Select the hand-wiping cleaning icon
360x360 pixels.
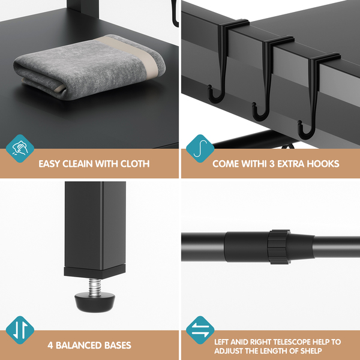[x=20, y=149]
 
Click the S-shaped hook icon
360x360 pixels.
[x=200, y=149]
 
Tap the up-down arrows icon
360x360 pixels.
[x=20, y=330]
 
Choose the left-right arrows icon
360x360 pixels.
[x=200, y=330]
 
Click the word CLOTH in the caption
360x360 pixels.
[x=135, y=164]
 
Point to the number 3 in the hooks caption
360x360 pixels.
[x=272, y=164]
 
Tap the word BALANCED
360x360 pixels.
[x=79, y=346]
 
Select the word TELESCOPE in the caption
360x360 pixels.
[x=290, y=342]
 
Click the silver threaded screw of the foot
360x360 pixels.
[x=95, y=287]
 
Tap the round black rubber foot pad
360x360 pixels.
[x=95, y=301]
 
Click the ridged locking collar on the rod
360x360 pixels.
[x=279, y=247]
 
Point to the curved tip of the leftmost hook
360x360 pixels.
[x=209, y=88]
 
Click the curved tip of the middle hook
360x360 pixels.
[x=254, y=105]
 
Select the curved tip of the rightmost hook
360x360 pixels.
[x=299, y=123]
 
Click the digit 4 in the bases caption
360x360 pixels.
[x=50, y=346]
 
